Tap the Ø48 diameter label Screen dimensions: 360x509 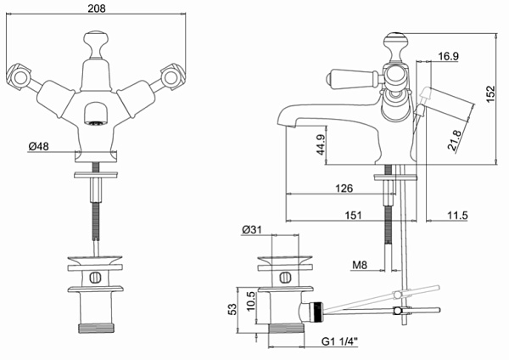pyautogui.click(x=39, y=147)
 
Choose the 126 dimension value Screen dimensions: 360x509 pyautogui.click(x=343, y=188)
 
